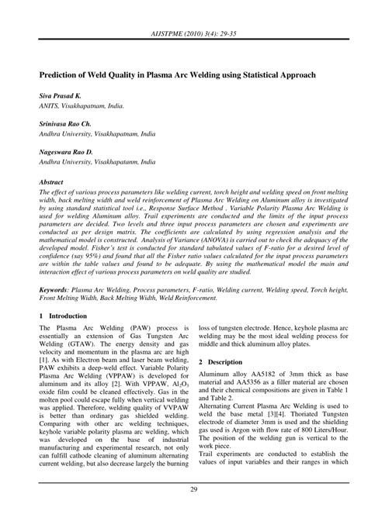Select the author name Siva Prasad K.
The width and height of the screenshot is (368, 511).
click(63, 93)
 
